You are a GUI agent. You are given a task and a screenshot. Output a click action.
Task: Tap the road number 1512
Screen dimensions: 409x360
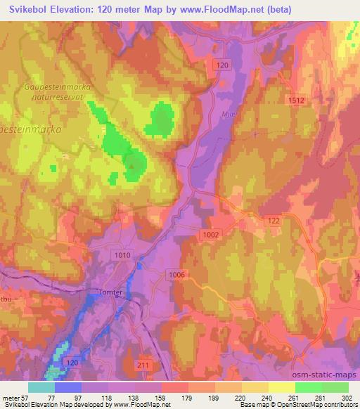[x=296, y=101]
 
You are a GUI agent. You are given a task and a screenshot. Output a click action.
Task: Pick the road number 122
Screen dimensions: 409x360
[x=274, y=221]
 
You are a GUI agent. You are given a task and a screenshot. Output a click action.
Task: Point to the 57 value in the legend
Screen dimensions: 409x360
[x=23, y=398]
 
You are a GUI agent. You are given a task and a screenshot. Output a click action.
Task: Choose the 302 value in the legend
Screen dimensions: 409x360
[x=347, y=398]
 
